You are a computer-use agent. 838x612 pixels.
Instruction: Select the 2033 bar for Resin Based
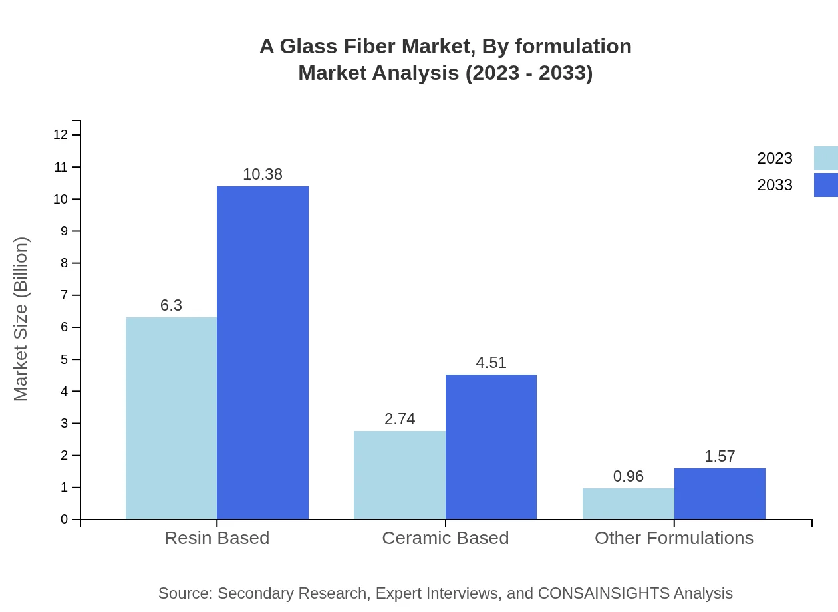point(263,353)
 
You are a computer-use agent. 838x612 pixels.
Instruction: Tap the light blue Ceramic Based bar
point(399,475)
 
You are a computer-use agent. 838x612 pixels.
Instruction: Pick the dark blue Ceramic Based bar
point(491,446)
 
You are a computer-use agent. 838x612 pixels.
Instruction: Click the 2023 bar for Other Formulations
point(628,504)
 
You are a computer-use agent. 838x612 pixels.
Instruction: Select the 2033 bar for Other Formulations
point(720,494)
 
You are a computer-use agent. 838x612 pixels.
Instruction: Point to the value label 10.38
point(263,174)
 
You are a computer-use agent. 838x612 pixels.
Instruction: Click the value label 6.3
point(171,305)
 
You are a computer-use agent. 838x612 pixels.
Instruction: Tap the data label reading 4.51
point(491,363)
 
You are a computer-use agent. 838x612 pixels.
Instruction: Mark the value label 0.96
point(628,476)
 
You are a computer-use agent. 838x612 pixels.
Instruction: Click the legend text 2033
point(775,185)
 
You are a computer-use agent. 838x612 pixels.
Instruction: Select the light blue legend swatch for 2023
point(825,158)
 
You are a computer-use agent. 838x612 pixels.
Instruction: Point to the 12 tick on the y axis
point(61,135)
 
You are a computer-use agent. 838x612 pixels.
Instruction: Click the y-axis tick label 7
point(65,295)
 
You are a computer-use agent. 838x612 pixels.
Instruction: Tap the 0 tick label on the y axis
point(65,520)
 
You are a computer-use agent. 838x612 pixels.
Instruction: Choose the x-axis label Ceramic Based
point(445,538)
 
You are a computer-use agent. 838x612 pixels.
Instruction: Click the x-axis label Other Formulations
point(674,538)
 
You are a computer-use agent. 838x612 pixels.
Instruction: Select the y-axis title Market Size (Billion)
point(21,319)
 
